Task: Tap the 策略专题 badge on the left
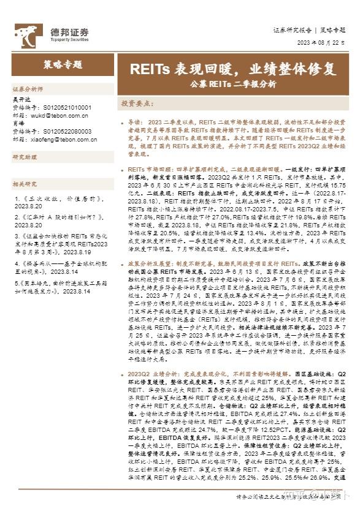pos(60,66)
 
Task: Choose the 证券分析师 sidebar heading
pos(28,88)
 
